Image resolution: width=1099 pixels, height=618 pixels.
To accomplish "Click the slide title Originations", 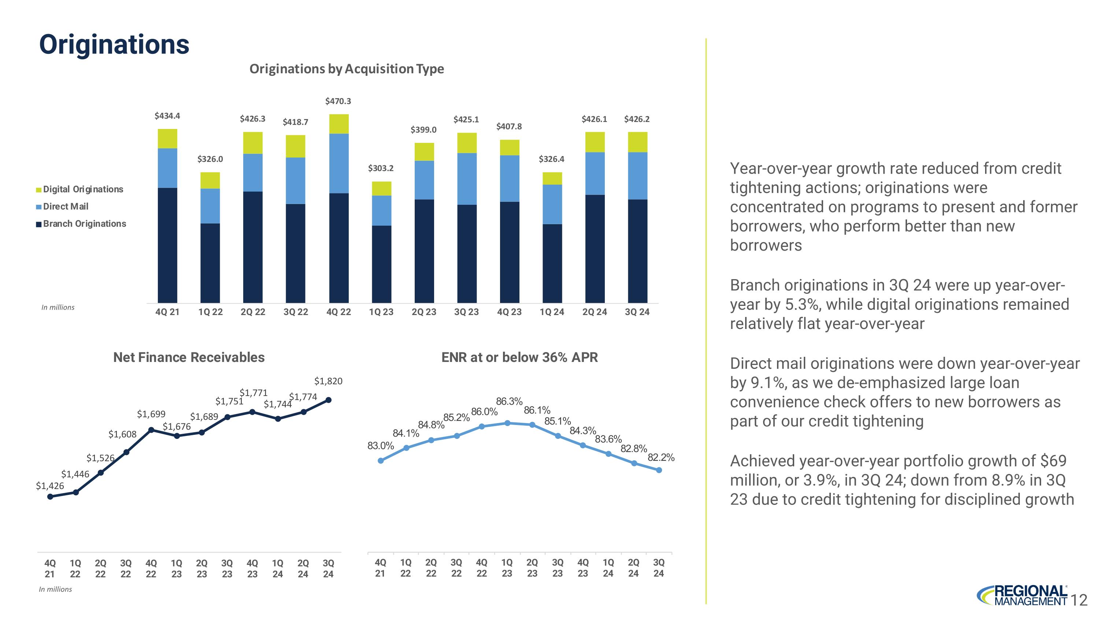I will click(114, 44).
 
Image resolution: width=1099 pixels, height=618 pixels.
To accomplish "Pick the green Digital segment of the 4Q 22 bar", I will click(339, 124).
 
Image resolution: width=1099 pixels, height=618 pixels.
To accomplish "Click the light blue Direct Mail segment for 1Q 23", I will click(381, 210).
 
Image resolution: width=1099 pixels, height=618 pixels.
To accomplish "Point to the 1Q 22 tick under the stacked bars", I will click(210, 312).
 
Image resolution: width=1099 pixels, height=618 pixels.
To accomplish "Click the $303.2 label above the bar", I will click(381, 168).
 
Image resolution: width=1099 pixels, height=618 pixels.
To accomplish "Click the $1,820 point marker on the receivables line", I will click(329, 400).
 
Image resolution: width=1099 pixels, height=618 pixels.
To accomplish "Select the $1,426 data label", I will click(49, 486).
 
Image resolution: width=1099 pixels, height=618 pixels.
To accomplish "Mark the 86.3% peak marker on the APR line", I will click(507, 423).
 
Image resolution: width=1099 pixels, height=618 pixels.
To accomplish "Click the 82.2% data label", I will click(661, 458).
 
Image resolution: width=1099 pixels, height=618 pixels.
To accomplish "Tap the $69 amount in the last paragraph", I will click(1053, 461).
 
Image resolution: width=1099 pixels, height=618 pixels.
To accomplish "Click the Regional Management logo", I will click(1022, 595).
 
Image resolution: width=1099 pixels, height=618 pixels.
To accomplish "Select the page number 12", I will click(1079, 600).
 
